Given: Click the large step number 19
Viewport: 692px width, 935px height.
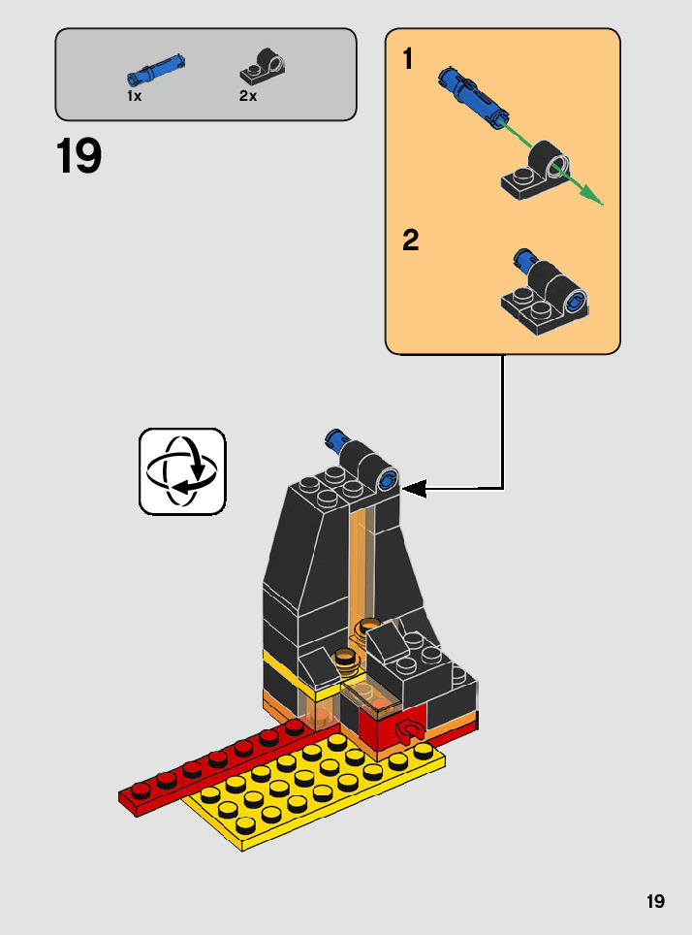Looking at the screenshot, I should tap(79, 157).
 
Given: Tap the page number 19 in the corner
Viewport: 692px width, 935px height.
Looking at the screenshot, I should tap(656, 902).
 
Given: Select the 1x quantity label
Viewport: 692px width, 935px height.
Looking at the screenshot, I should tap(134, 97).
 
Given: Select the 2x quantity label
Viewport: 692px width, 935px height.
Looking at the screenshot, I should tap(247, 97).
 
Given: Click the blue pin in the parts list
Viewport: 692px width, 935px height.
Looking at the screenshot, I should tap(155, 71).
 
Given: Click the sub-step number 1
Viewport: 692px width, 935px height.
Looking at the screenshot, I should tap(408, 60).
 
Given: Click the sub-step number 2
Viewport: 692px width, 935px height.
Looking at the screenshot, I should tap(411, 241).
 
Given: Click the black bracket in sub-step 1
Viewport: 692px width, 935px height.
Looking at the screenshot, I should tap(536, 173).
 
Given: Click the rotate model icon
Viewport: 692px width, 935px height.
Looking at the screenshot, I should tap(182, 471).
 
